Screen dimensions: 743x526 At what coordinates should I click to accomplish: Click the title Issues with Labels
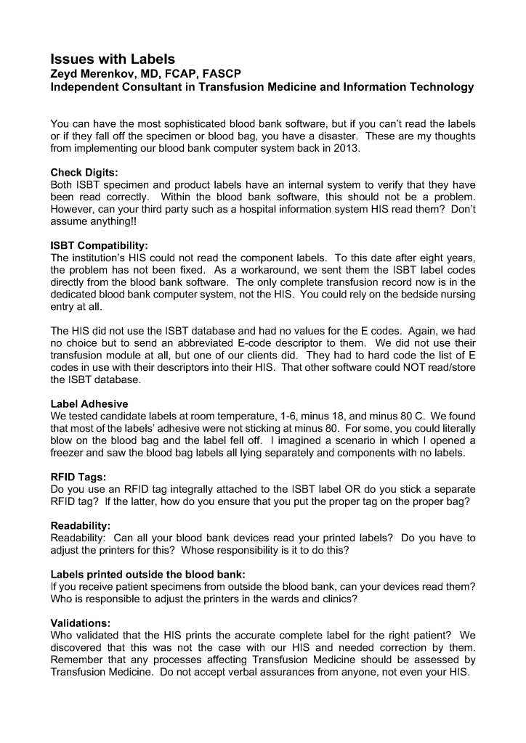click(x=113, y=59)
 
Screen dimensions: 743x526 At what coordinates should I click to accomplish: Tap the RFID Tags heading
click(x=78, y=479)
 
